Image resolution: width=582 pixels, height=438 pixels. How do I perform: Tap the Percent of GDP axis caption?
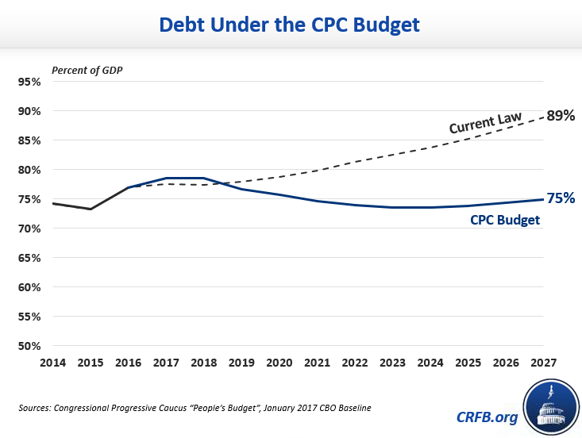click(87, 70)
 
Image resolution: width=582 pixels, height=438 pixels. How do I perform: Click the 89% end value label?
click(561, 116)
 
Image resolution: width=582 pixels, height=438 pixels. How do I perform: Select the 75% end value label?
click(561, 198)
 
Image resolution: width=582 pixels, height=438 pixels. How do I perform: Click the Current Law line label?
click(485, 123)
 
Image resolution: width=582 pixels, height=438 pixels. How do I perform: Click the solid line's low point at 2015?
click(90, 209)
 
